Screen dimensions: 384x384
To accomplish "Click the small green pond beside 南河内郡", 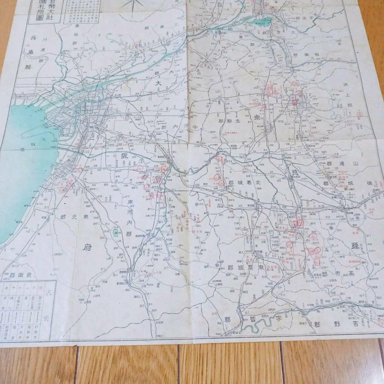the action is click(x=116, y=233).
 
